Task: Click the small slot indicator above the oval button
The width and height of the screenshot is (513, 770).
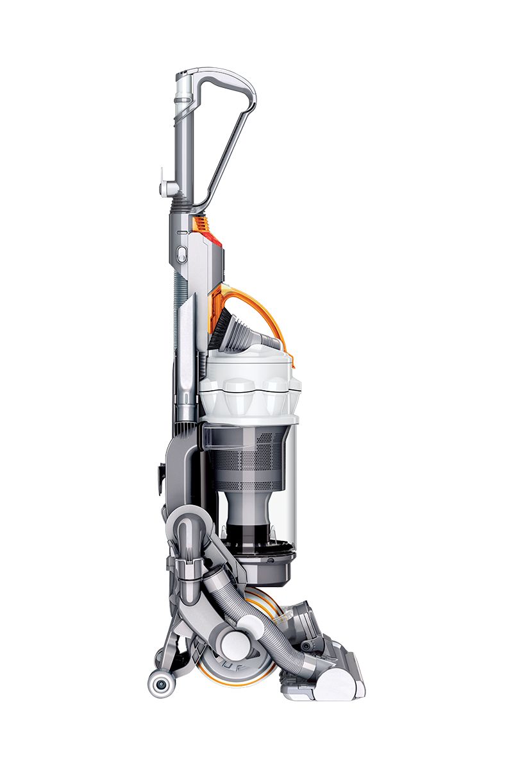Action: coord(181,232)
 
